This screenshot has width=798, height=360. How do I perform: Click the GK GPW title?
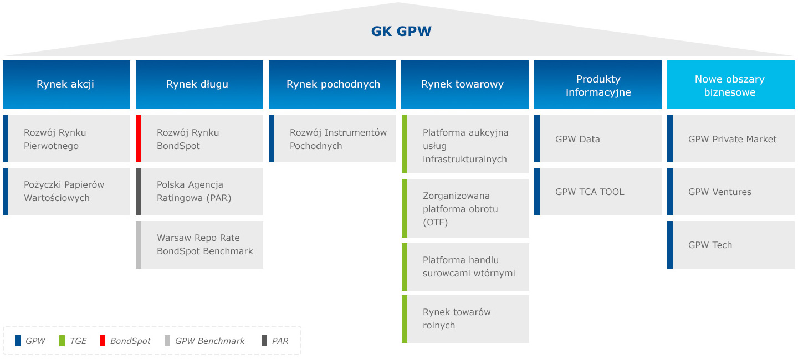click(x=401, y=31)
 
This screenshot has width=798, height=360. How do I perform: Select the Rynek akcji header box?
click(x=66, y=84)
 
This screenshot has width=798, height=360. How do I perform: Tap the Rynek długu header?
click(x=199, y=84)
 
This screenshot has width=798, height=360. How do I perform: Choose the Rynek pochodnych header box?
click(x=332, y=84)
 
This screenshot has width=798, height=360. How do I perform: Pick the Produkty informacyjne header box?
click(x=597, y=85)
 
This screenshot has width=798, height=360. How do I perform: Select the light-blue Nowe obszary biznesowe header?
click(x=730, y=85)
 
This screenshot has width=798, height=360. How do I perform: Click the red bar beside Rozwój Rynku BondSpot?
click(x=139, y=138)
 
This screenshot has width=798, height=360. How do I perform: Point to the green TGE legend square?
click(x=62, y=341)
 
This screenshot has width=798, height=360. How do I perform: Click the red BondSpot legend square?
click(x=103, y=341)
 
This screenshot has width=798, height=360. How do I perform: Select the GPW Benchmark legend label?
click(x=209, y=341)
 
